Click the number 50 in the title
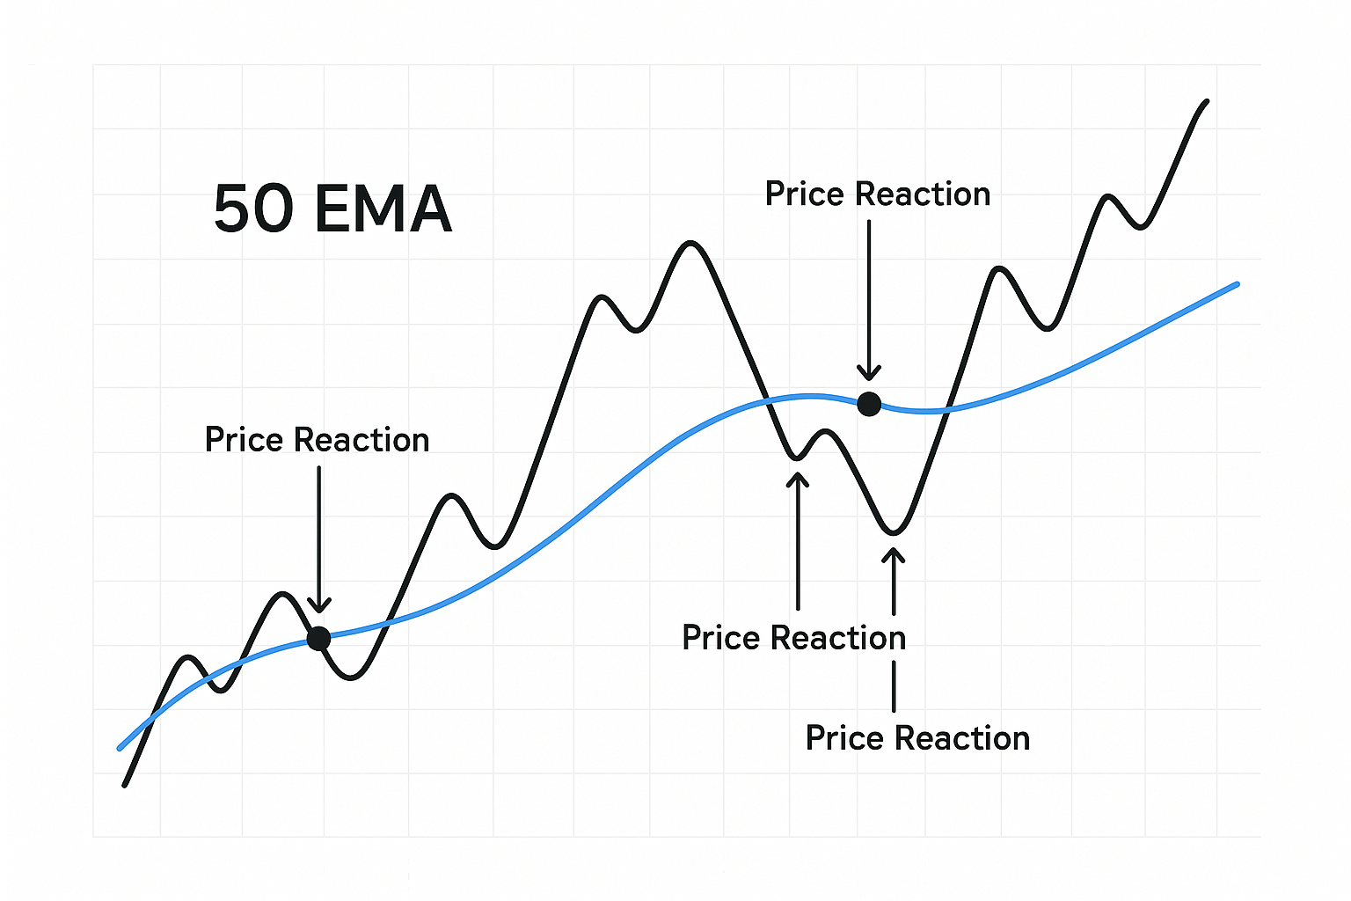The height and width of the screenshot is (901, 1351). [253, 209]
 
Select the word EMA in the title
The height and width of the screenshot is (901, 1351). [383, 209]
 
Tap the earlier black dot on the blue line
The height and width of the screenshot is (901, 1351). [318, 638]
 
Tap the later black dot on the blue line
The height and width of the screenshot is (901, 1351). [869, 404]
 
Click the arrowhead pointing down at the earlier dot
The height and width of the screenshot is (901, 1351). [319, 604]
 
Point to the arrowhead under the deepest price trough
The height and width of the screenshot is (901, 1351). [894, 556]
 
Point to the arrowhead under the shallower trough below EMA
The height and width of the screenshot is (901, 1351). [798, 480]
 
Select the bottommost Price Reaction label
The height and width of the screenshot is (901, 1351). [917, 738]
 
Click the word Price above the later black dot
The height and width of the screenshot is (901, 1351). [805, 194]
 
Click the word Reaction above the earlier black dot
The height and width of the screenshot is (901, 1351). [361, 440]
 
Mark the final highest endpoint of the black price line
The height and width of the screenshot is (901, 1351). [1207, 101]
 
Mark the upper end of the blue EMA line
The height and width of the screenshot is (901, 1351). [1237, 284]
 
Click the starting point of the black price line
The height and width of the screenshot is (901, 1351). [125, 785]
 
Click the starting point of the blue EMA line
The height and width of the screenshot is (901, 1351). [120, 749]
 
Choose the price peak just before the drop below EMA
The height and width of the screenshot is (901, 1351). [690, 242]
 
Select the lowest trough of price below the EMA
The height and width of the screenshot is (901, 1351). [894, 532]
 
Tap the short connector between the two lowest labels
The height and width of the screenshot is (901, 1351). [894, 686]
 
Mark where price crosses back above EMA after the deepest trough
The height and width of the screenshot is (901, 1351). [947, 410]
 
